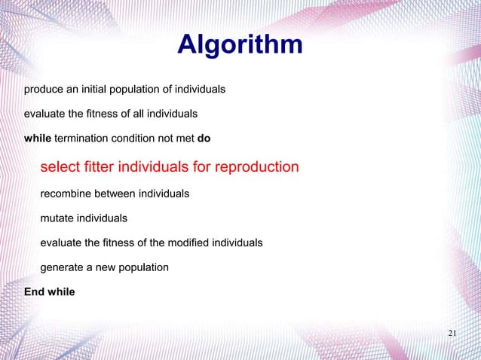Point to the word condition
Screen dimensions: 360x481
click(136, 139)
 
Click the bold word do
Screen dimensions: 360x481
click(204, 139)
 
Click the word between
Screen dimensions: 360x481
click(121, 194)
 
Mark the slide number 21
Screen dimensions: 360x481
click(452, 334)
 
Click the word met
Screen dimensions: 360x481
click(185, 139)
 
